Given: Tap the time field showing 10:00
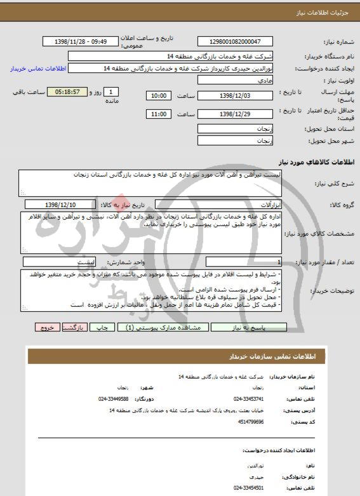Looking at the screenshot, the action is pyautogui.click(x=157, y=95).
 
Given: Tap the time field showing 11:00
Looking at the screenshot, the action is pyautogui.click(x=157, y=114).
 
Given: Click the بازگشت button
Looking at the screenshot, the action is pyautogui.click(x=75, y=328).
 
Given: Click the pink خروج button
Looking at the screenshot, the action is pyautogui.click(x=47, y=328).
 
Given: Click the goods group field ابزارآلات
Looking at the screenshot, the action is pyautogui.click(x=241, y=204).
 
